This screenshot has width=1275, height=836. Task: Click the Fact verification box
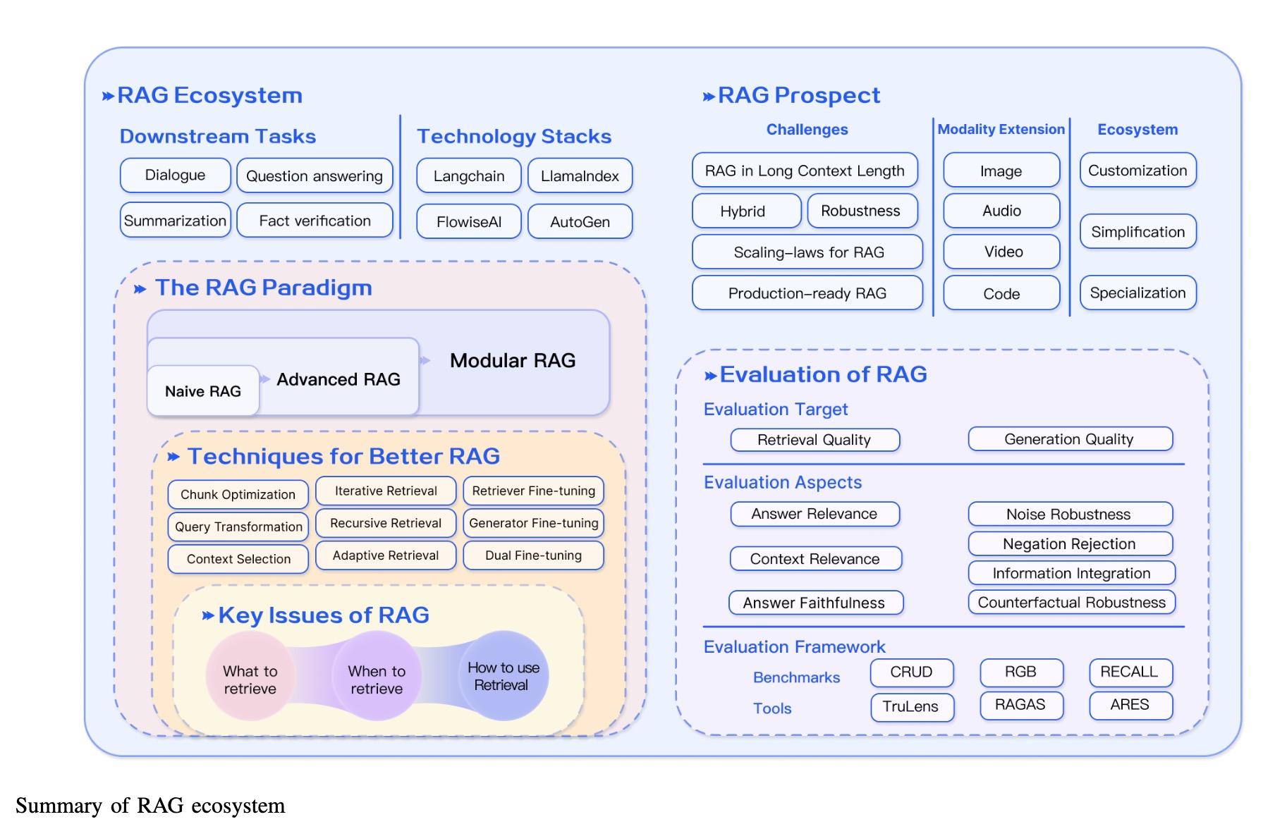tap(315, 221)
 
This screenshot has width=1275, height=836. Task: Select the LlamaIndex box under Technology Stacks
tap(580, 176)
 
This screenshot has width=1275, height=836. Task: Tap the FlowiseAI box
tap(469, 222)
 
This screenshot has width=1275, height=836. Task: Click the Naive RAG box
tap(203, 391)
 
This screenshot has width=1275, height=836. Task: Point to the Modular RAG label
tap(513, 361)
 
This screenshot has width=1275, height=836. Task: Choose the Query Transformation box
tap(238, 527)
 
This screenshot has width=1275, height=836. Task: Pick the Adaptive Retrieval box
tap(386, 555)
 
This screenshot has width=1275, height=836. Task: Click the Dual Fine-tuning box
tap(533, 555)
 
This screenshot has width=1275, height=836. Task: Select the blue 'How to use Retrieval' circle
tap(504, 676)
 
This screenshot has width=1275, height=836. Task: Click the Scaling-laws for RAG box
tap(807, 252)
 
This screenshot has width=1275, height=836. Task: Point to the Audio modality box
tap(1001, 211)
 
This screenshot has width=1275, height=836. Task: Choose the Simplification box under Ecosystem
tap(1137, 232)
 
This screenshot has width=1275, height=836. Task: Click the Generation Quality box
tap(1069, 439)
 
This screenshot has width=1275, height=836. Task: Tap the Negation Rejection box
tap(1069, 543)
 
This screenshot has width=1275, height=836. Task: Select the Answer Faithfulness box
tap(815, 603)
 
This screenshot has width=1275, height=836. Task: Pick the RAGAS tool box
tap(1020, 705)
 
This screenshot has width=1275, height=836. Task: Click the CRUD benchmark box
tap(911, 672)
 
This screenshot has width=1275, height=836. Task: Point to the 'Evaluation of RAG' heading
tap(823, 374)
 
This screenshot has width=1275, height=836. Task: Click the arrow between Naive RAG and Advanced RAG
tap(265, 379)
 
